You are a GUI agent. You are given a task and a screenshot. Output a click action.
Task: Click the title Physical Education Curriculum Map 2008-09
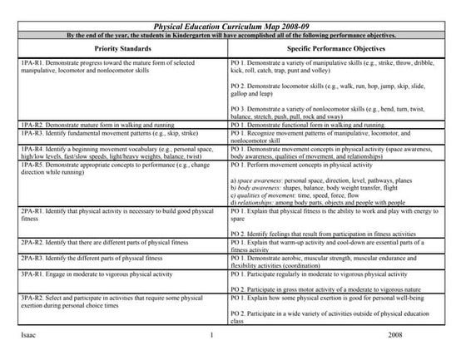(232, 27)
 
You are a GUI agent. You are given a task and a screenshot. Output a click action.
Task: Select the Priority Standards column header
(115, 51)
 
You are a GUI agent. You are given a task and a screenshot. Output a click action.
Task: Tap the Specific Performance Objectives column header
(345, 51)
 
